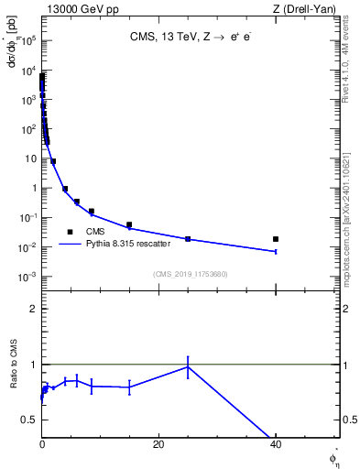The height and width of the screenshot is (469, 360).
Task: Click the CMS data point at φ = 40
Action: tap(276, 239)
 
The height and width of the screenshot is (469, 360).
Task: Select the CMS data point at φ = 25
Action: tap(188, 239)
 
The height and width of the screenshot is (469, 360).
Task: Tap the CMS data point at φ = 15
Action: tap(129, 224)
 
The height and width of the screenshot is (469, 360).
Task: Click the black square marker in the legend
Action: tap(70, 233)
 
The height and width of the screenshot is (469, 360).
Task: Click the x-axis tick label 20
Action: tap(158, 445)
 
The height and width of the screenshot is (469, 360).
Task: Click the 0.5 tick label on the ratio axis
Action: tap(28, 420)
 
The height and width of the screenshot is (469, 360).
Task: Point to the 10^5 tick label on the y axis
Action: tap(28, 40)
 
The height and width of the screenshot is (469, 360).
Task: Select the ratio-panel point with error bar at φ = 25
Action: tap(188, 366)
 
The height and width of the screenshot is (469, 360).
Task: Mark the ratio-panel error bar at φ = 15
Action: tap(129, 387)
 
